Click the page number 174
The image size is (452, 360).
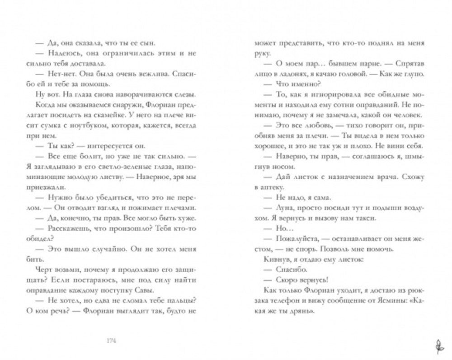(110, 340)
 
